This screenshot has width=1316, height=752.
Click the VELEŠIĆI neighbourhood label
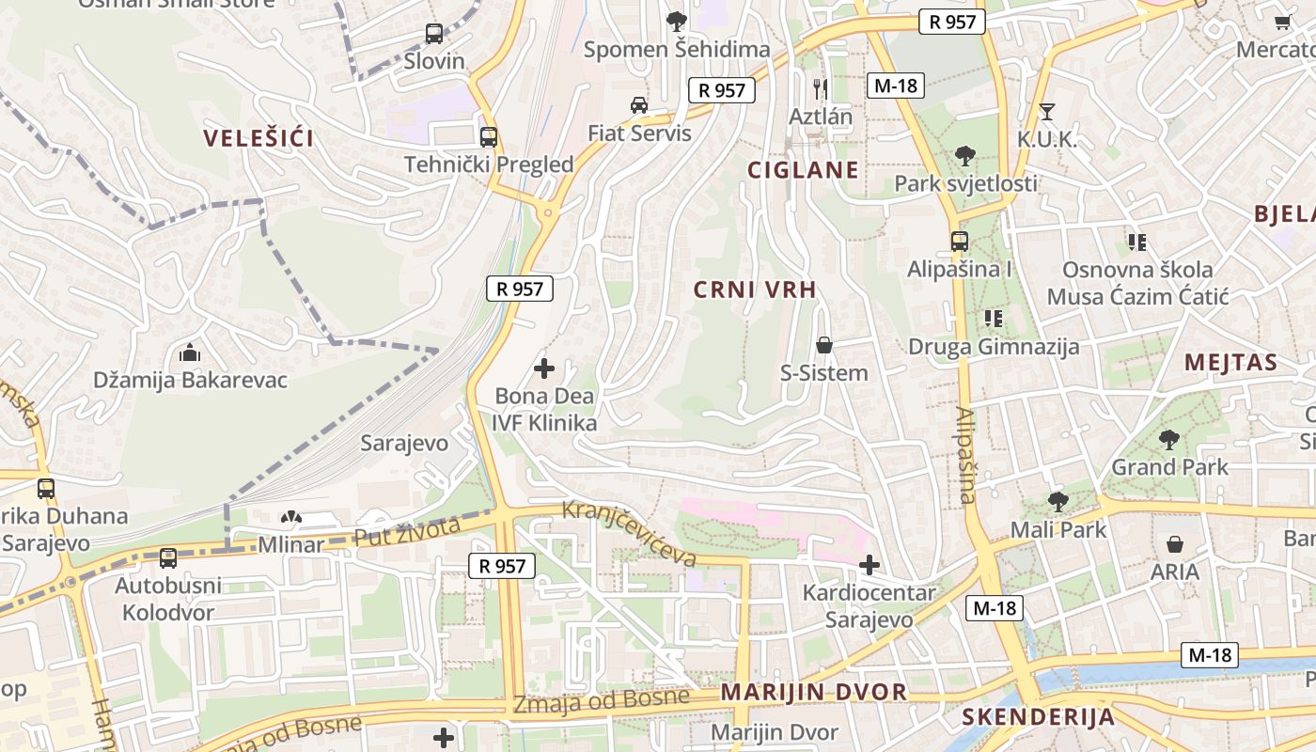(258, 139)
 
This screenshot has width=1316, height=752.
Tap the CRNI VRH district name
(755, 290)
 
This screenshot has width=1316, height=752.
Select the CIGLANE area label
(802, 170)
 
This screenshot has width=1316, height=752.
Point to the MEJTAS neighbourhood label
(1230, 363)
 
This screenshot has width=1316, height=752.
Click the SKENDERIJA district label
(1038, 717)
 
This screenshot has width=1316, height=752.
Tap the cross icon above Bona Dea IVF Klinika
(543, 368)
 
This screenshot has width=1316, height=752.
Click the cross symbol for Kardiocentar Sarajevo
(869, 565)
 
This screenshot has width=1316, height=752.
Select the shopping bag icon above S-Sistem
(824, 345)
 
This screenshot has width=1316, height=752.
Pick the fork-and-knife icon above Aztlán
(821, 89)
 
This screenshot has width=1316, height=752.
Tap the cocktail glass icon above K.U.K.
(1046, 113)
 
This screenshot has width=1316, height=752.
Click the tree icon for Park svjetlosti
(964, 156)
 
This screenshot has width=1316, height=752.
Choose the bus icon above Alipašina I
(959, 242)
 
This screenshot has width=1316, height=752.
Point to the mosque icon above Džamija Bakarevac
(190, 353)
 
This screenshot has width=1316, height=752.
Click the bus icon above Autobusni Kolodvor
(168, 558)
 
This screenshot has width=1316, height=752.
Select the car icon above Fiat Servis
(639, 105)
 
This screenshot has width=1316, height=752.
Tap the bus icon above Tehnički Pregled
(488, 137)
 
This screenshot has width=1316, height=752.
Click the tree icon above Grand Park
(1169, 439)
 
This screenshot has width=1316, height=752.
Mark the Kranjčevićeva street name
(629, 533)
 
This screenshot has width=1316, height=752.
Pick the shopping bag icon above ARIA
(1175, 544)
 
